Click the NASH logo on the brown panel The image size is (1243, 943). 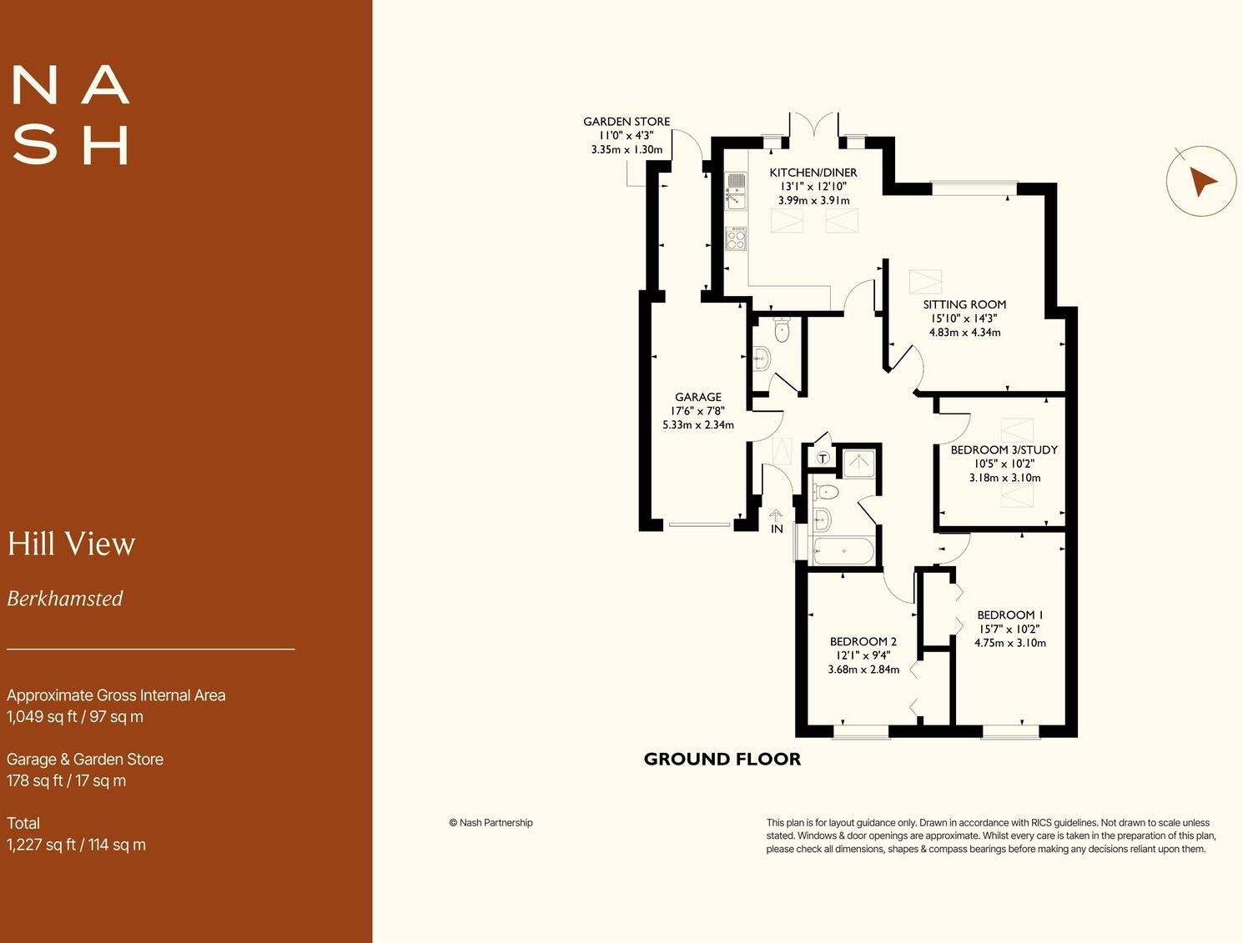71,115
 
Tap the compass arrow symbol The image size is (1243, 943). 1200,181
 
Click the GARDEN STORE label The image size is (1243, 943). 627,122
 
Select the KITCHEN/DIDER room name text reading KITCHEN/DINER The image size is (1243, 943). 813,173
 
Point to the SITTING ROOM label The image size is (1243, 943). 964,304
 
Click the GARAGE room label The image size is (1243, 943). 698,397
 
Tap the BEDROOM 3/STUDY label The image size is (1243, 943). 1004,449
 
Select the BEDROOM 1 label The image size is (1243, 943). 1010,614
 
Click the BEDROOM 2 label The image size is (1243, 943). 863,641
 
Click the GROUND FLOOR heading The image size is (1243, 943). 722,759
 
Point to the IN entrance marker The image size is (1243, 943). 777,529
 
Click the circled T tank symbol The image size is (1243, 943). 823,459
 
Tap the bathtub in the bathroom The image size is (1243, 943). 843,550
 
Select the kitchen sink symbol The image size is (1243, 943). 736,191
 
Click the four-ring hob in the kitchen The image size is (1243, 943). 736,238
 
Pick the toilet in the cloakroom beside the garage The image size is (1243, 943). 782,330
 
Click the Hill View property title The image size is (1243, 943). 72,544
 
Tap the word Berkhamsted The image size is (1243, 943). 65,599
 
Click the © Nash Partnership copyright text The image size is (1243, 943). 491,823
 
